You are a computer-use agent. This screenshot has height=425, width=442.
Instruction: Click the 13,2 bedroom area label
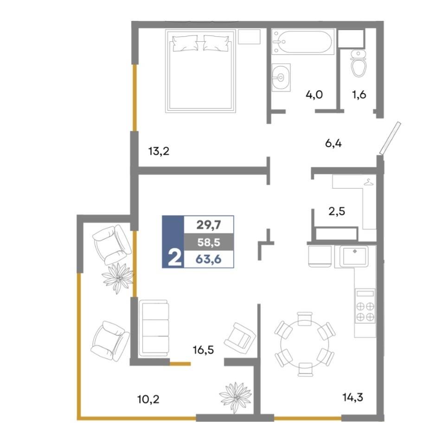click(x=159, y=152)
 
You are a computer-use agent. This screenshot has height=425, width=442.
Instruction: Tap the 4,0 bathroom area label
click(x=314, y=95)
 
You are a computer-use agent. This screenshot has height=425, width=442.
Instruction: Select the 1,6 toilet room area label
click(x=359, y=95)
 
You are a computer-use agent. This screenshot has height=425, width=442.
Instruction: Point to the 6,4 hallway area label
click(x=333, y=144)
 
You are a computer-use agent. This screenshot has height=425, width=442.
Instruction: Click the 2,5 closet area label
click(x=337, y=211)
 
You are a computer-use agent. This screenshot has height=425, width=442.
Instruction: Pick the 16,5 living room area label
click(x=203, y=350)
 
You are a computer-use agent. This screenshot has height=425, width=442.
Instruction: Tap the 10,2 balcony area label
click(x=148, y=399)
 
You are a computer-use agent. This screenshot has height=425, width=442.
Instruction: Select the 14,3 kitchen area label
click(x=352, y=397)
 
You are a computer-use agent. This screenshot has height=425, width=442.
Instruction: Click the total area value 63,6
click(x=209, y=259)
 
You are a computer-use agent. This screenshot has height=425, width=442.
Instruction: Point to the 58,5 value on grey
click(x=209, y=242)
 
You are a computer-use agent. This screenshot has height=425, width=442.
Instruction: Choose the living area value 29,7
click(x=209, y=225)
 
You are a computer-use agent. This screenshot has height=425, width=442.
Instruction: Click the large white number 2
click(x=174, y=258)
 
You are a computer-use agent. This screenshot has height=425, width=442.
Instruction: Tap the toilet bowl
click(x=358, y=63)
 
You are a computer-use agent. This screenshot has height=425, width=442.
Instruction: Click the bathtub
click(x=303, y=42)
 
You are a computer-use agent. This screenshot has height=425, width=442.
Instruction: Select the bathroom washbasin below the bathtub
click(x=281, y=77)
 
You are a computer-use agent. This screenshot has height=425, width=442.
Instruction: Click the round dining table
click(x=305, y=344)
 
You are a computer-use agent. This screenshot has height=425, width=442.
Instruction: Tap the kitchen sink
click(x=354, y=256)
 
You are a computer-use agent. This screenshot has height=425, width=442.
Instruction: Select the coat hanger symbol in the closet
click(x=369, y=183)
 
